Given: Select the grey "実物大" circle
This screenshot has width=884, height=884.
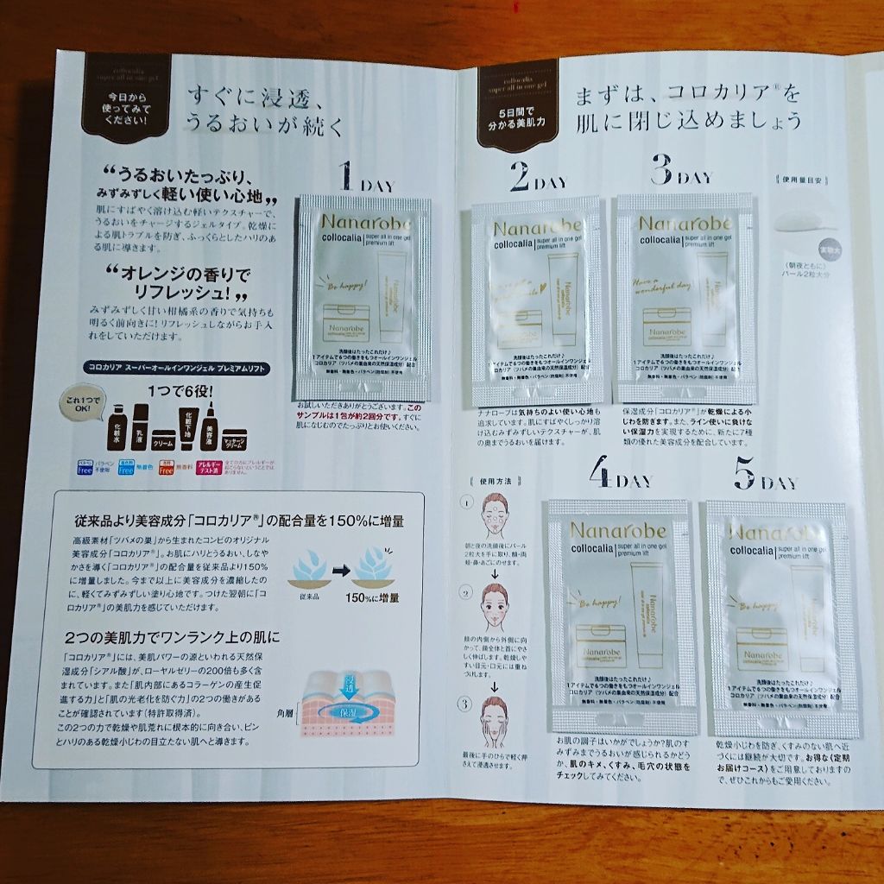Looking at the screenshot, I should [830, 244].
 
